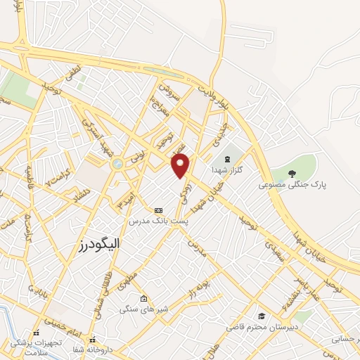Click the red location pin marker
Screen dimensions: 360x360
(x=181, y=165)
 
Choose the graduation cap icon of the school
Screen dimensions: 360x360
(x=262, y=316)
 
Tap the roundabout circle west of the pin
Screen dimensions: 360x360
(x=116, y=164)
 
